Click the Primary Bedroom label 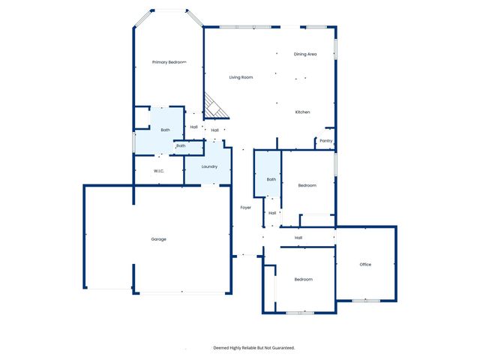(169, 62)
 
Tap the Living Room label (241, 77)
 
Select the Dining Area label (305, 54)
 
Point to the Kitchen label (302, 112)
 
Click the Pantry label (326, 141)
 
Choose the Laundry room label (209, 166)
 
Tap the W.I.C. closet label (159, 172)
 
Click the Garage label (158, 239)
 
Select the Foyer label (245, 207)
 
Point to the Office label (365, 265)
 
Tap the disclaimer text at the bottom (253, 348)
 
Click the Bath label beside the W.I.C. (181, 145)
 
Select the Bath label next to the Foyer (271, 179)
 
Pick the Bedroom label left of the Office (303, 280)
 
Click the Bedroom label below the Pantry (307, 185)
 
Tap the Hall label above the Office (298, 238)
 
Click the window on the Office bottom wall (367, 301)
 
